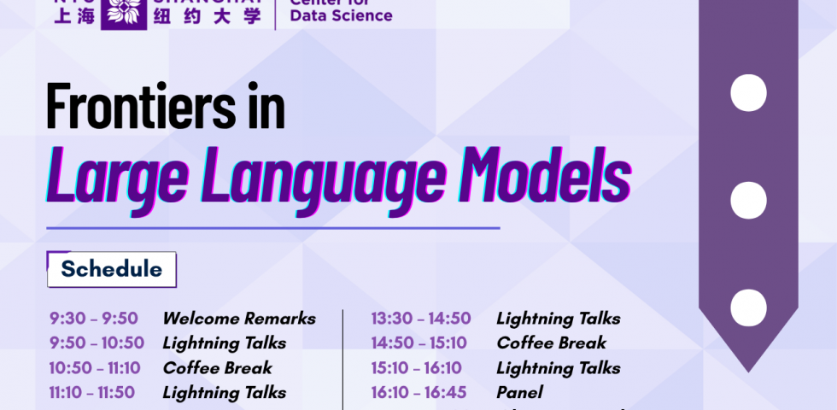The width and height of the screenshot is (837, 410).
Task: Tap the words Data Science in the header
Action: pos(341,15)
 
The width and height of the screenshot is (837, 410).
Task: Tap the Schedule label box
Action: pos(111,269)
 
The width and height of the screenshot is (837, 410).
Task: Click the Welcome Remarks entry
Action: pos(239,319)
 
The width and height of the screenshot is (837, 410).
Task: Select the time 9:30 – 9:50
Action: pos(93,319)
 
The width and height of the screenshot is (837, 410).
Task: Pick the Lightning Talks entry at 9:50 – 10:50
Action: pos(224,343)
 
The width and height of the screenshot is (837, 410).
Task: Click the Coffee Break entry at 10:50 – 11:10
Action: pos(217,368)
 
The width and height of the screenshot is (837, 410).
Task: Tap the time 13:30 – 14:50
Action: pos(420,319)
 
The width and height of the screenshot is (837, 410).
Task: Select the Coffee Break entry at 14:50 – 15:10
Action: pos(551,343)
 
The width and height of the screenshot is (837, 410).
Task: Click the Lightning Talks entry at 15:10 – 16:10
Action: pos(558,368)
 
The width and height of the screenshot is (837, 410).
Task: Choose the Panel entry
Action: pos(519,393)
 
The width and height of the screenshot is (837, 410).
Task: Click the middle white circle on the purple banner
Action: pos(748,200)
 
